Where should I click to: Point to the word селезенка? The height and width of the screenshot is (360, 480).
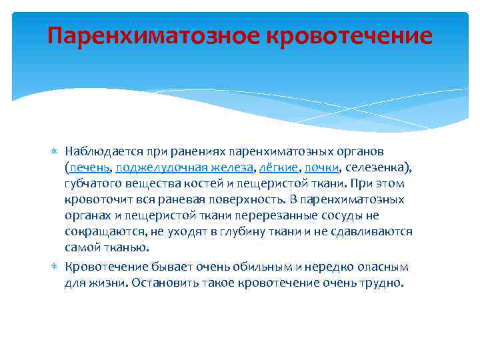point(376,167)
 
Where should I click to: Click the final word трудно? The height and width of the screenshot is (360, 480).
point(381,282)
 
